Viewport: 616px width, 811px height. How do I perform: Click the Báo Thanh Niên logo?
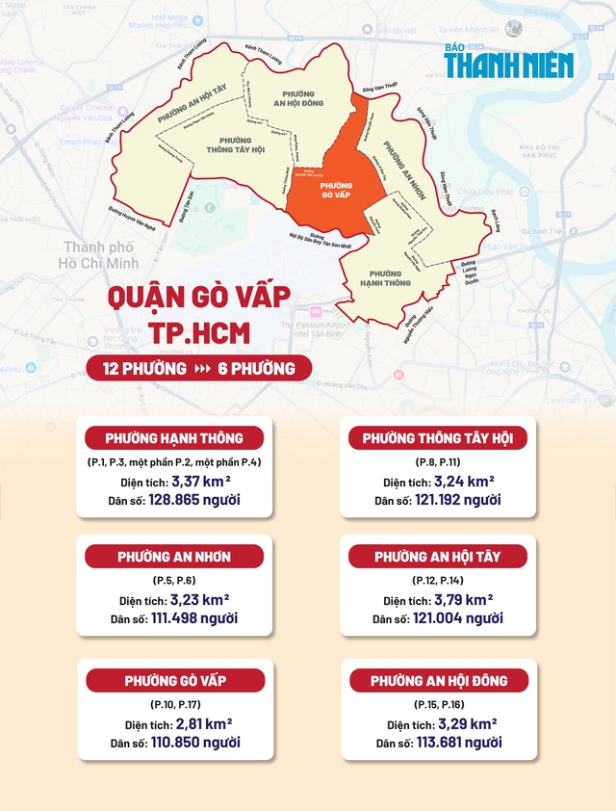point(508,61)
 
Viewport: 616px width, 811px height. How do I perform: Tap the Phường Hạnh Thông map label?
point(389,277)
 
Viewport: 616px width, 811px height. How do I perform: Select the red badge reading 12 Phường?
point(138,368)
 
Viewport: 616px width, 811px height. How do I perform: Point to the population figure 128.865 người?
point(194,500)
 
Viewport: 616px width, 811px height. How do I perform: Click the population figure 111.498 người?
point(194,618)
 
